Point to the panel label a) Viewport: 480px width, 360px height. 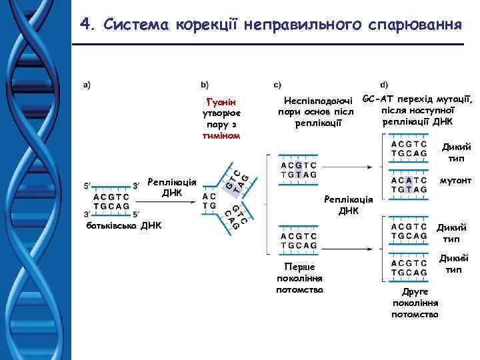click(x=87, y=85)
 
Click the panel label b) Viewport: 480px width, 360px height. click(x=205, y=85)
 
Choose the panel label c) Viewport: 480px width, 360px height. click(x=278, y=85)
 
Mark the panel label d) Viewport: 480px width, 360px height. click(x=383, y=85)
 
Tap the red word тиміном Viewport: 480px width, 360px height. click(x=221, y=135)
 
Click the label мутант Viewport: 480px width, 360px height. click(x=455, y=181)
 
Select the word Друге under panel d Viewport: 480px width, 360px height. click(x=415, y=292)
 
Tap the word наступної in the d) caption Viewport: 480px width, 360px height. click(x=427, y=110)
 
